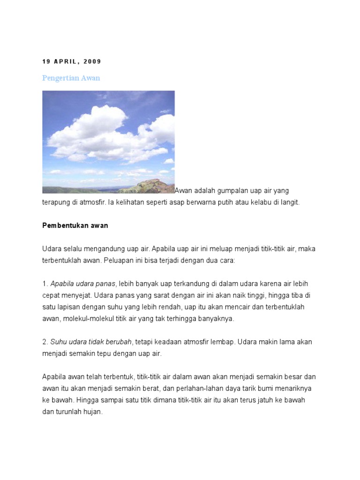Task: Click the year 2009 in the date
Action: pyautogui.click(x=92, y=61)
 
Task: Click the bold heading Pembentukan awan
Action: pyautogui.click(x=75, y=225)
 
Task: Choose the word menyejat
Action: pyautogui.click(x=75, y=295)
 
